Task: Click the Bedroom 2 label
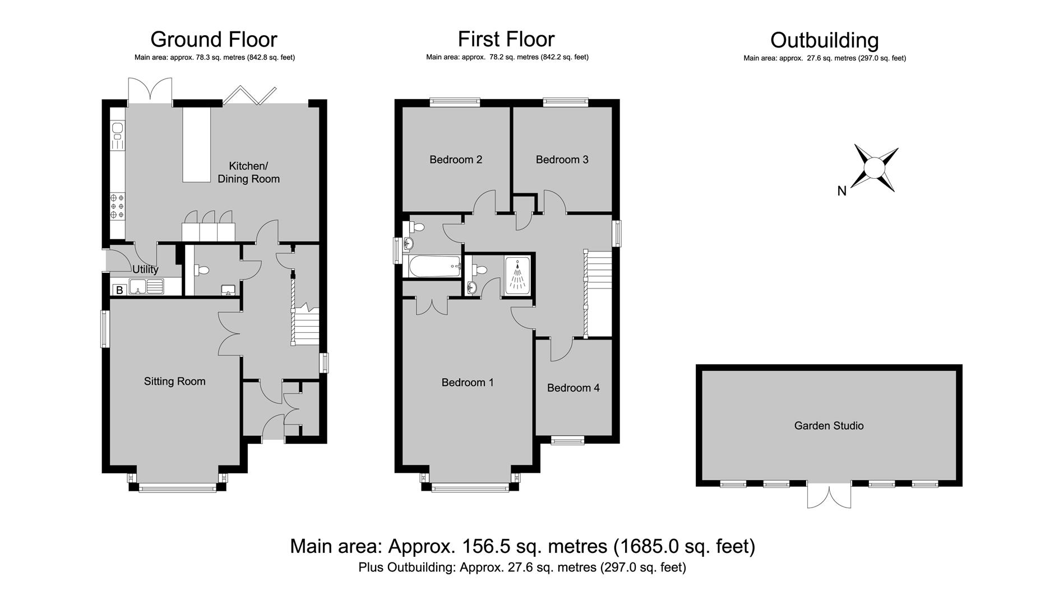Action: pyautogui.click(x=456, y=160)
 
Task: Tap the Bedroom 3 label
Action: pyautogui.click(x=562, y=160)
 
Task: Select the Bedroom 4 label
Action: pyautogui.click(x=573, y=388)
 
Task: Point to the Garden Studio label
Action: pyautogui.click(x=829, y=426)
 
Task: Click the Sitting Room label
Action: pyautogui.click(x=174, y=381)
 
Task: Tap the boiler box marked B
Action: pyautogui.click(x=119, y=290)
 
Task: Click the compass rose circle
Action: pyautogui.click(x=874, y=167)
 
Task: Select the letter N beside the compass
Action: pyautogui.click(x=841, y=191)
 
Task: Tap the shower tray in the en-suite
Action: pyautogui.click(x=517, y=275)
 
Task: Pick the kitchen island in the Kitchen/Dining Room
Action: pyautogui.click(x=196, y=145)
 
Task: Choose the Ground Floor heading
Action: pyautogui.click(x=214, y=39)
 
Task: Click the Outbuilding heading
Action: pyautogui.click(x=825, y=40)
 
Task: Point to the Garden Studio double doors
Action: pyautogui.click(x=829, y=495)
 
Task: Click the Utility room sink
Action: pyautogui.click(x=146, y=286)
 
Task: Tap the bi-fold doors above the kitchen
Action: pyautogui.click(x=250, y=96)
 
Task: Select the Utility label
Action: pyautogui.click(x=145, y=269)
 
